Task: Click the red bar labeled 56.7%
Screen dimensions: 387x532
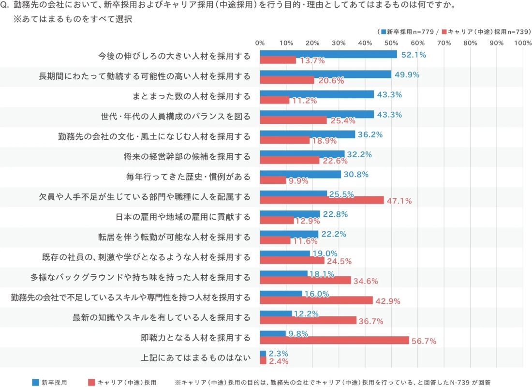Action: [334, 341]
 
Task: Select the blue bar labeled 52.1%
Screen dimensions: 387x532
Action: [328, 55]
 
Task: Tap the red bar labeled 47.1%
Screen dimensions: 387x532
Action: [322, 200]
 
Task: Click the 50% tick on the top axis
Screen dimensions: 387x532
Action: [391, 43]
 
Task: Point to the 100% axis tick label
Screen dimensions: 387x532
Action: [523, 43]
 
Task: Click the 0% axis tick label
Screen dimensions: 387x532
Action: [260, 43]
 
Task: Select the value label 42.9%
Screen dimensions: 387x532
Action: [387, 301]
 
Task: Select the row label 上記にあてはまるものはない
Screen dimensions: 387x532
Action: [195, 357]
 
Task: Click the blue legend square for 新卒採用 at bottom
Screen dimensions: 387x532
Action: [35, 382]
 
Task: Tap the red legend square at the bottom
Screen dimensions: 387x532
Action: [91, 382]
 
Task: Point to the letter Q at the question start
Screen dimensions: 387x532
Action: [5, 7]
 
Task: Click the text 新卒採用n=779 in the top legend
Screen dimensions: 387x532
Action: [410, 31]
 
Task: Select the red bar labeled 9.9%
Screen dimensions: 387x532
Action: [273, 180]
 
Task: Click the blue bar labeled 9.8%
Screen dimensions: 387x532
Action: [273, 333]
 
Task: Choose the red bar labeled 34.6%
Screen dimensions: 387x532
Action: [305, 280]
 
